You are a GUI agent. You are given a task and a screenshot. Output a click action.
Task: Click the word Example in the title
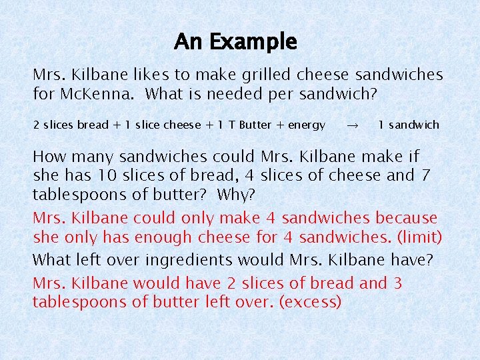[253, 43]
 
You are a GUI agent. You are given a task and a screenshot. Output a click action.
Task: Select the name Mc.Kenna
[95, 94]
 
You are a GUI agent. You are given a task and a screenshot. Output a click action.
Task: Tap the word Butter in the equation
[255, 125]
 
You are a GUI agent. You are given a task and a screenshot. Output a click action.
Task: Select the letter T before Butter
[232, 125]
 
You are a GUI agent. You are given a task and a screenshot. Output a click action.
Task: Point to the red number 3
[398, 283]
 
